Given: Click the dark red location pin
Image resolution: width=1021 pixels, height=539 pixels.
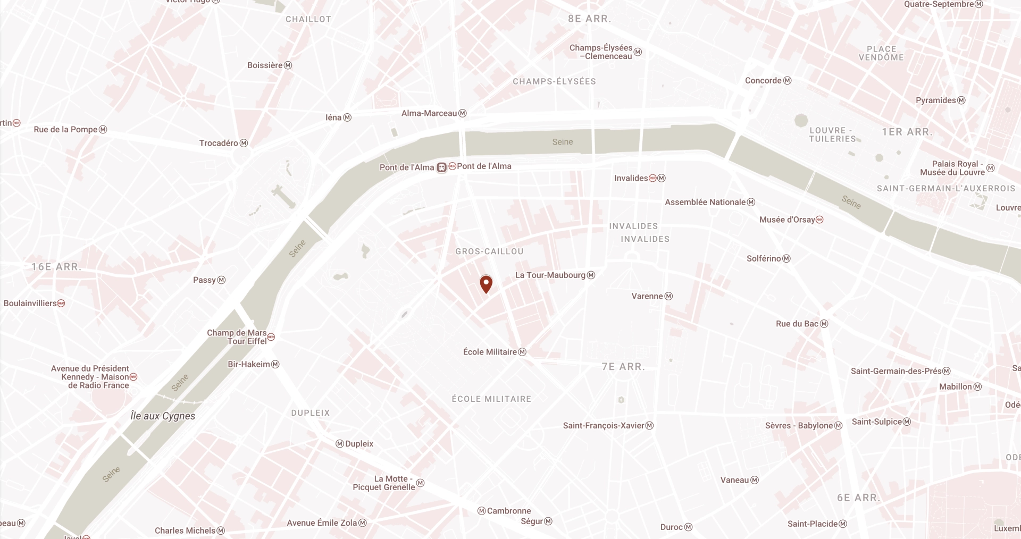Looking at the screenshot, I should click(x=486, y=283).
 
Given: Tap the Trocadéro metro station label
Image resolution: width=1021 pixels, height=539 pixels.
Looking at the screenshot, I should click(x=219, y=143).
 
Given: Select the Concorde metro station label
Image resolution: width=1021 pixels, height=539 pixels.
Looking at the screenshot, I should click(x=763, y=81).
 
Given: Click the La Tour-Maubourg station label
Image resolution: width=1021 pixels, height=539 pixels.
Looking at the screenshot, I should click(x=550, y=275).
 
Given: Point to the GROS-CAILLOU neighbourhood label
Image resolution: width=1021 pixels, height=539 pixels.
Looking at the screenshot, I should click(x=489, y=251).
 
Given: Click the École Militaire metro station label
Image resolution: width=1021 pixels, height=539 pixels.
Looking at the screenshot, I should click(x=490, y=352).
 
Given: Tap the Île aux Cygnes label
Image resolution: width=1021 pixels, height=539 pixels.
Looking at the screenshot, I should click(x=163, y=416).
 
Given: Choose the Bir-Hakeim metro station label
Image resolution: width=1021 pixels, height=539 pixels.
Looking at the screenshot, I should click(x=249, y=364).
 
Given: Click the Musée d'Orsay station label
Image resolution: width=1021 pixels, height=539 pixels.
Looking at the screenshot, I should click(x=787, y=220).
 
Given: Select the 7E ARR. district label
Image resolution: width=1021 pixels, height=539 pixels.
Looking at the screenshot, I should click(x=623, y=367).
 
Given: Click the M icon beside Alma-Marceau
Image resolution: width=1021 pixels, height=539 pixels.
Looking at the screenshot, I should click(x=463, y=113).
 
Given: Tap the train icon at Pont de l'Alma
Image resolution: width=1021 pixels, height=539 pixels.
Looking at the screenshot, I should click(x=441, y=167).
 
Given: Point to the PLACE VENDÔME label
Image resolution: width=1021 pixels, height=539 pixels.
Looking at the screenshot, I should click(x=881, y=53).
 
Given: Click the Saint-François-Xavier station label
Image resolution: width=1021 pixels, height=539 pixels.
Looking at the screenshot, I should click(x=604, y=425).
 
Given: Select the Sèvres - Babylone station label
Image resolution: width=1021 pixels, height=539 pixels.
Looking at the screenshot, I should click(x=799, y=425).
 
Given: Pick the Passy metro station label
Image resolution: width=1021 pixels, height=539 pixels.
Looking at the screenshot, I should click(x=204, y=280).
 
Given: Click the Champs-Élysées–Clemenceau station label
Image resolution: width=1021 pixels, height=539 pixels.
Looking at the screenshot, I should click(x=601, y=52).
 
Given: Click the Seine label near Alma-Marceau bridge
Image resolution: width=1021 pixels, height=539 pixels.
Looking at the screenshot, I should click(x=563, y=142).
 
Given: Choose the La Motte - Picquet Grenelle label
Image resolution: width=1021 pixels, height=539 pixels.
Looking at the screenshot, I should click(x=384, y=483).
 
